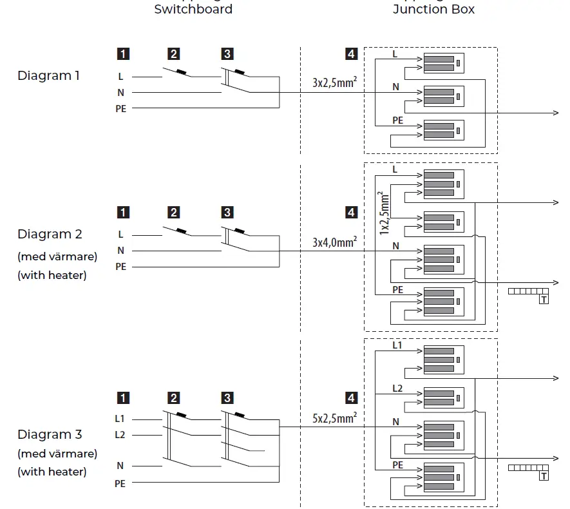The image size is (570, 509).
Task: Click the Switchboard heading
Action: click(x=193, y=9)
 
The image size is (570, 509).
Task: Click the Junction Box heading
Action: click(x=433, y=9)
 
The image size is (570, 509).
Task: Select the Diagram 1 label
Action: click(x=48, y=75)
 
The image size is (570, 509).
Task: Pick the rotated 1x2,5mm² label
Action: click(x=385, y=212)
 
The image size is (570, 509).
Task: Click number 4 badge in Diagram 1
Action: click(x=351, y=54)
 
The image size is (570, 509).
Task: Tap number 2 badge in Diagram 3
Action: click(x=174, y=398)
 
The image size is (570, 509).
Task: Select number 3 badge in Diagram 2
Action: click(x=227, y=212)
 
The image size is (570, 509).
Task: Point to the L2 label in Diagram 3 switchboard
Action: click(x=120, y=435)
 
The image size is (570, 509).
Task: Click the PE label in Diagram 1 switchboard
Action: click(x=120, y=109)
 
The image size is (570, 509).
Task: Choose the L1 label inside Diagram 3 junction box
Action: click(x=397, y=346)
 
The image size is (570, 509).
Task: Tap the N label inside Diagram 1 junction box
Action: click(x=395, y=86)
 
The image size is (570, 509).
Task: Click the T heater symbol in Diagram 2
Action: click(x=544, y=300)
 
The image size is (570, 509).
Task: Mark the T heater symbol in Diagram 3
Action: click(x=544, y=476)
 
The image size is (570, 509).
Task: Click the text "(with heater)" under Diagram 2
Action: click(x=52, y=276)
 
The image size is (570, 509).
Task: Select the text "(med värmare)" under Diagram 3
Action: click(x=57, y=454)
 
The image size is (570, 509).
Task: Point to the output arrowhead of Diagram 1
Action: click(x=555, y=113)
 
